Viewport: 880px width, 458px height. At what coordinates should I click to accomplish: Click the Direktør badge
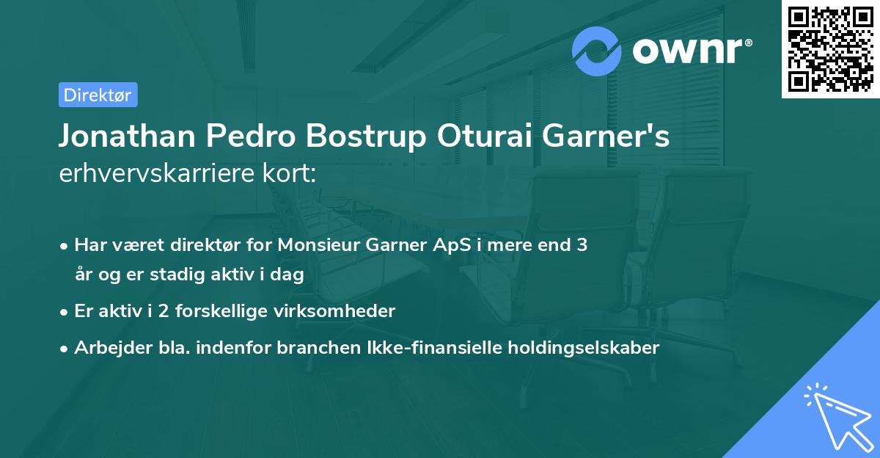tap(98, 95)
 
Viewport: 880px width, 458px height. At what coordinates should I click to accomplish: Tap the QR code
tap(830, 48)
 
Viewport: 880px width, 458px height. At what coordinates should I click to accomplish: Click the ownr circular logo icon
tap(597, 51)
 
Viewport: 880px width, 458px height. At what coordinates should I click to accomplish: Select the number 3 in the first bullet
tap(581, 245)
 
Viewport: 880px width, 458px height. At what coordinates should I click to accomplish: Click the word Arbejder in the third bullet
tap(107, 348)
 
